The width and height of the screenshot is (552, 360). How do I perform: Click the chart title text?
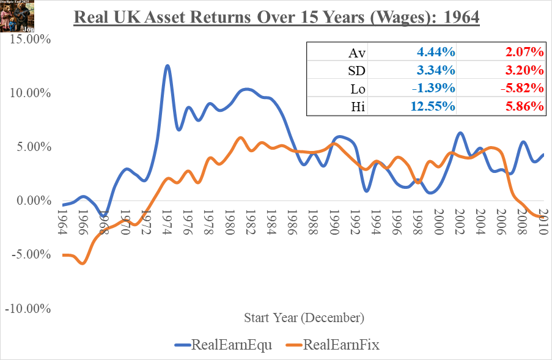pos(276,16)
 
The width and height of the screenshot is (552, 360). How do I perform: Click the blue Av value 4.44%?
pos(435,53)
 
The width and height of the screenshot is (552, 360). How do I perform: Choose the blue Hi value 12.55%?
pos(432,106)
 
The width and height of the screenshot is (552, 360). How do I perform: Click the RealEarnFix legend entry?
pos(332,345)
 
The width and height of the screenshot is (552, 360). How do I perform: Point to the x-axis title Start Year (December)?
pos(304,318)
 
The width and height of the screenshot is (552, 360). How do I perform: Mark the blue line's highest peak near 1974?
pos(167,65)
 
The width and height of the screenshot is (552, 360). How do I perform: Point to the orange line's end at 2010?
pos(543,216)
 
